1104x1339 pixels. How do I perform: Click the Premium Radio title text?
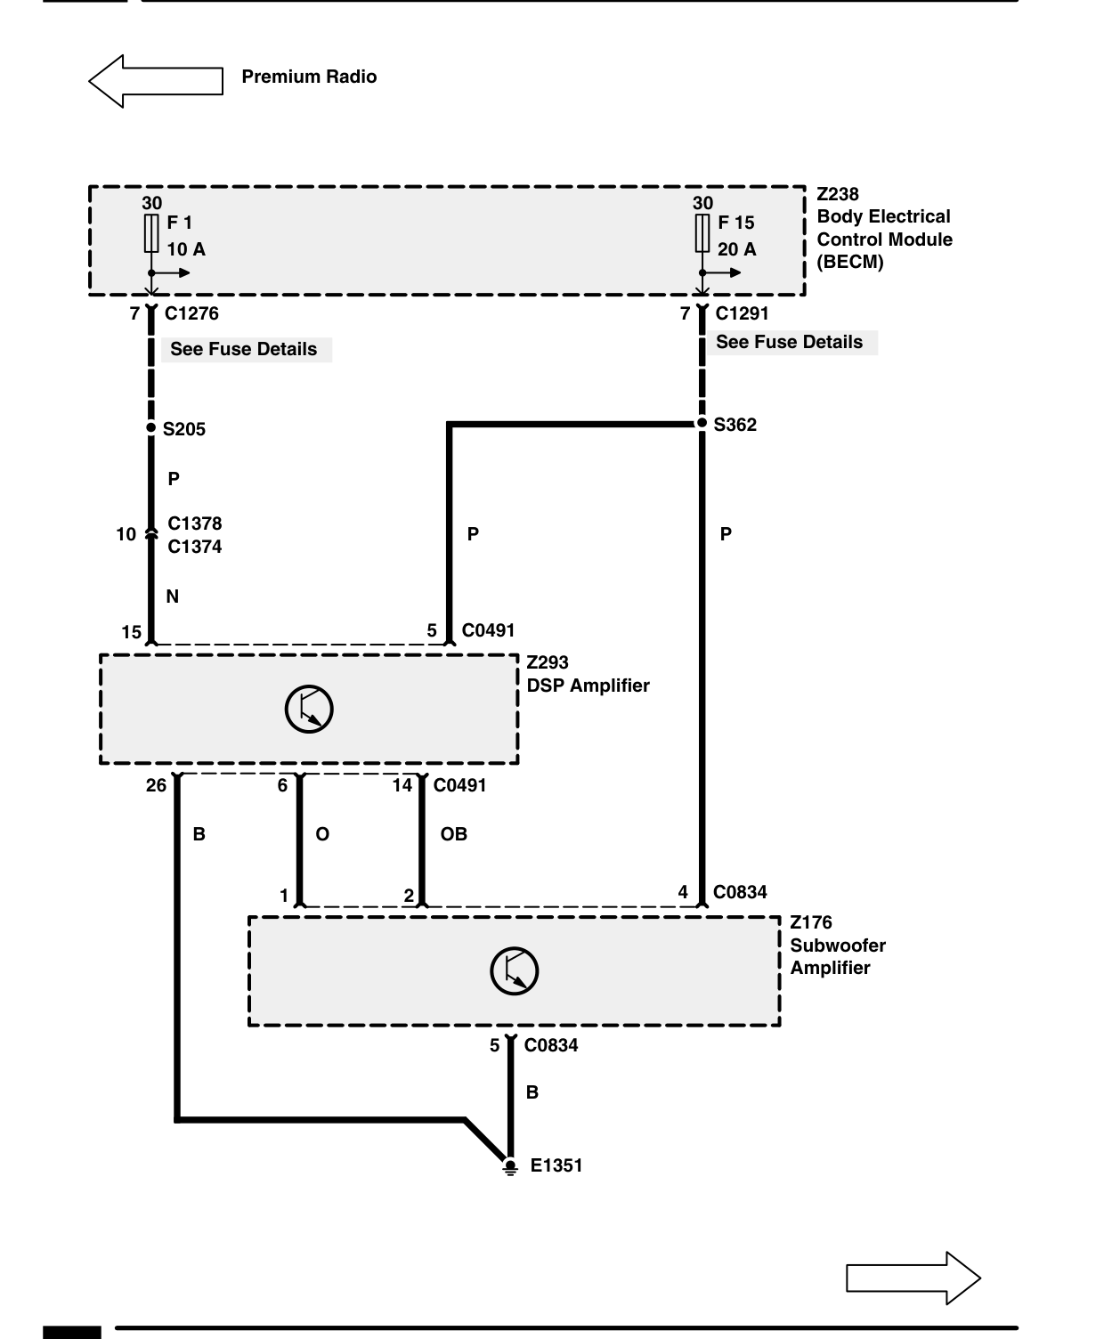pyautogui.click(x=309, y=77)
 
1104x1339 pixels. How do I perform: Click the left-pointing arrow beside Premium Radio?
pyautogui.click(x=156, y=81)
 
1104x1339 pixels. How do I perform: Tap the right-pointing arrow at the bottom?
pyautogui.click(x=913, y=1278)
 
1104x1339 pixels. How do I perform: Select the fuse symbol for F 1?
pyautogui.click(x=151, y=233)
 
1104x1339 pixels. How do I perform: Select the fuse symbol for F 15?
pyautogui.click(x=702, y=233)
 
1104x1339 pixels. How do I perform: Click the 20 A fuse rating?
pyautogui.click(x=736, y=249)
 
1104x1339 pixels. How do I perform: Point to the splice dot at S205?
pyautogui.click(x=151, y=427)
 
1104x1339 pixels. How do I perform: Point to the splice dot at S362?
pyautogui.click(x=702, y=423)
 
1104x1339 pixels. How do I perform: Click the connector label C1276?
pyautogui.click(x=191, y=313)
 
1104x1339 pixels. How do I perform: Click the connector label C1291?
pyautogui.click(x=742, y=313)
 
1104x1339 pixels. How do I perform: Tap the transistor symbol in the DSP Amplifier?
pyautogui.click(x=309, y=710)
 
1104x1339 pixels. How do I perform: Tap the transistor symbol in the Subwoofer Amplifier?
pyautogui.click(x=515, y=971)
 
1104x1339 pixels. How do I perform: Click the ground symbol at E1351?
pyautogui.click(x=510, y=1167)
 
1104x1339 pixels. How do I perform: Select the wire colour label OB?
pyautogui.click(x=453, y=834)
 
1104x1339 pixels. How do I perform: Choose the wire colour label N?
pyautogui.click(x=173, y=597)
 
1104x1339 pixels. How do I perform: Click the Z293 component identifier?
pyautogui.click(x=548, y=662)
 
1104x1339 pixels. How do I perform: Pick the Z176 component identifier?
pyautogui.click(x=811, y=923)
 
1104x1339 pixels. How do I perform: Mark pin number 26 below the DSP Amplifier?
pyautogui.click(x=156, y=785)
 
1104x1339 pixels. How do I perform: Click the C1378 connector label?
pyautogui.click(x=194, y=523)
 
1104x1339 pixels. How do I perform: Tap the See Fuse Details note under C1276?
pyautogui.click(x=244, y=350)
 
